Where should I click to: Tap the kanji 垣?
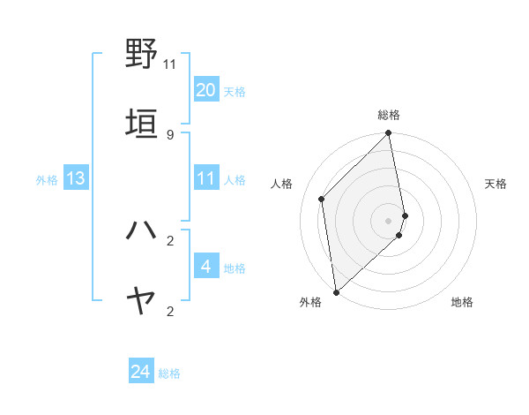click(x=142, y=123)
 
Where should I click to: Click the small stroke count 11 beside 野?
click(x=170, y=64)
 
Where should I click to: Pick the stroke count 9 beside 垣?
click(x=170, y=135)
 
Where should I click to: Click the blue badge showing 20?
click(x=206, y=90)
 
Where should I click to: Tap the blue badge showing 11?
click(x=206, y=178)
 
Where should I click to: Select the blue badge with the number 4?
click(x=206, y=267)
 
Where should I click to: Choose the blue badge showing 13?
click(x=76, y=178)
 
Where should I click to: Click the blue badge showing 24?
click(x=141, y=373)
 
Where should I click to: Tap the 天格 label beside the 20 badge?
click(x=235, y=91)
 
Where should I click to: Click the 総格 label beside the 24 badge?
click(x=169, y=373)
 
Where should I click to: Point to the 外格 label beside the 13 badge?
click(x=47, y=179)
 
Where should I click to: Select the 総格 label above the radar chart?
click(x=389, y=115)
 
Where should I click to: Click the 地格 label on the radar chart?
click(x=462, y=302)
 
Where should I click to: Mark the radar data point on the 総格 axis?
click(x=389, y=134)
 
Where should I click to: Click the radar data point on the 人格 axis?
click(x=322, y=199)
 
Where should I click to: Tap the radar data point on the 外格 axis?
click(x=336, y=291)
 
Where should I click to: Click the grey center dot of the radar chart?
click(x=389, y=220)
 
